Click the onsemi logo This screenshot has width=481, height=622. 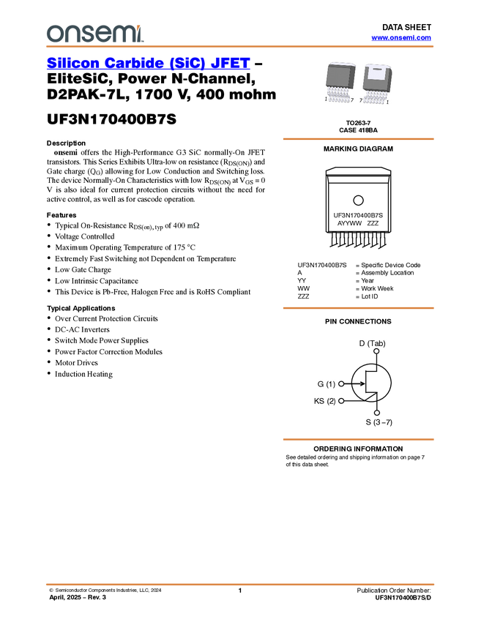click(x=94, y=33)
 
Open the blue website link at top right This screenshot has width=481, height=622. click(x=401, y=38)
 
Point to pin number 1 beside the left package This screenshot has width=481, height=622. click(x=327, y=99)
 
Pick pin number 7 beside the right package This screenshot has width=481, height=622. click(x=361, y=100)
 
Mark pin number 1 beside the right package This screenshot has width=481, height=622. click(x=387, y=100)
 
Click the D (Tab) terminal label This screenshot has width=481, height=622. click(x=371, y=343)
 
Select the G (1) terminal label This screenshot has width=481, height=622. click(x=325, y=384)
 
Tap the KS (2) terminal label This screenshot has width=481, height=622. click(x=324, y=401)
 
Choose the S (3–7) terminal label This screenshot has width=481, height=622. click(x=378, y=422)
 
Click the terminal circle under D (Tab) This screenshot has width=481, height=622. click(x=376, y=351)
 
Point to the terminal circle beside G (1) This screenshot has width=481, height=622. click(x=341, y=383)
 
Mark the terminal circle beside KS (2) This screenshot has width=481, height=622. click(x=341, y=401)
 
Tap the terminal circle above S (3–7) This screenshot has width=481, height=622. click(x=377, y=413)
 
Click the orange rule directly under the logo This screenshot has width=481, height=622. click(x=240, y=47)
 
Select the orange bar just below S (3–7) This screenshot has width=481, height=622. click(x=358, y=439)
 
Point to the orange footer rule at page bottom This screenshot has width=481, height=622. click(x=240, y=585)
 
